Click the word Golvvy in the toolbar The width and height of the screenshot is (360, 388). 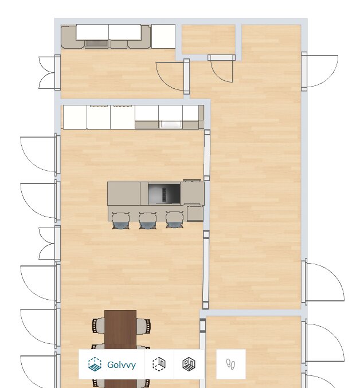122,365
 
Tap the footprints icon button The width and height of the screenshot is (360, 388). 231,365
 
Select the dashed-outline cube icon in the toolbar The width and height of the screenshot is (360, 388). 159,364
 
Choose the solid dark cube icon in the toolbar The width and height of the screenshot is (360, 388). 189,364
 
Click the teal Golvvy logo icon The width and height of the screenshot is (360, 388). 95,365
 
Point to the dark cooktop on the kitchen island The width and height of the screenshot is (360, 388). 164,193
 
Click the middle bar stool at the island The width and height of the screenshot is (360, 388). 147,220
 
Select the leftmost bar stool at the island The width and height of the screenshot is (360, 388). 121,220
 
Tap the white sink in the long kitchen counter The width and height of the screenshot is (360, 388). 171,124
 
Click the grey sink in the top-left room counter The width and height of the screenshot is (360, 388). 97,44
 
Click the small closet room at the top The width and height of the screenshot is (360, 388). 208,39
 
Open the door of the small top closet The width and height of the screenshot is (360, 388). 221,68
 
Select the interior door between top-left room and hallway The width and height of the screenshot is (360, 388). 173,76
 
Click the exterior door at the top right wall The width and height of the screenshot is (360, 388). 319,71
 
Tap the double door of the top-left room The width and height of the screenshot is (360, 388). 49,73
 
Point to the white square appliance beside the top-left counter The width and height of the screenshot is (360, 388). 163,36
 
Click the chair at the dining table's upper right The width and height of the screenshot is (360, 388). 143,326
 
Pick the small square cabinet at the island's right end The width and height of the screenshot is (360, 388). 195,213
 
